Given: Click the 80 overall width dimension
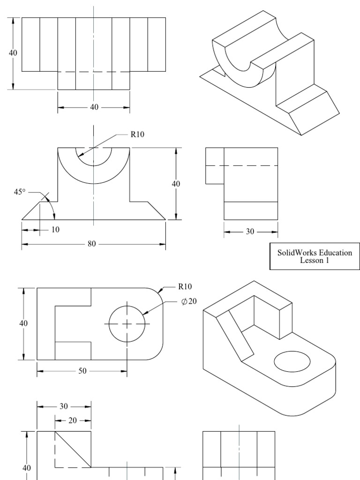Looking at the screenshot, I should pos(94,244).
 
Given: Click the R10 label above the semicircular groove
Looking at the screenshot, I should pos(137,134).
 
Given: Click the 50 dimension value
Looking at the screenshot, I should pos(82,371).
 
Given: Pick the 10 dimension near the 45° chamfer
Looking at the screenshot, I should pos(56,230).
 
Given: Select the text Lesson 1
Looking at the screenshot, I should pos(315,261).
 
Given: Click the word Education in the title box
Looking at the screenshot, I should pos(333,253).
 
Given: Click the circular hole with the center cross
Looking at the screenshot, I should pos(127,323).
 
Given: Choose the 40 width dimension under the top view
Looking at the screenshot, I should pos(94,107).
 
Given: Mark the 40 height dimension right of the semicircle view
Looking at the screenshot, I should pos(176,184).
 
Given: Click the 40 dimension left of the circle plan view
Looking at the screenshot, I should pos(23,323).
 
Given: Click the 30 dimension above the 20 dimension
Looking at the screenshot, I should pos(64,406).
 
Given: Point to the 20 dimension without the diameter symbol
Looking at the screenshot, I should pos(73,420).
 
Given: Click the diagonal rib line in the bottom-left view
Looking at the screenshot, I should pos(73,450).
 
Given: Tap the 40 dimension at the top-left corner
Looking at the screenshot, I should pos(13,53).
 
